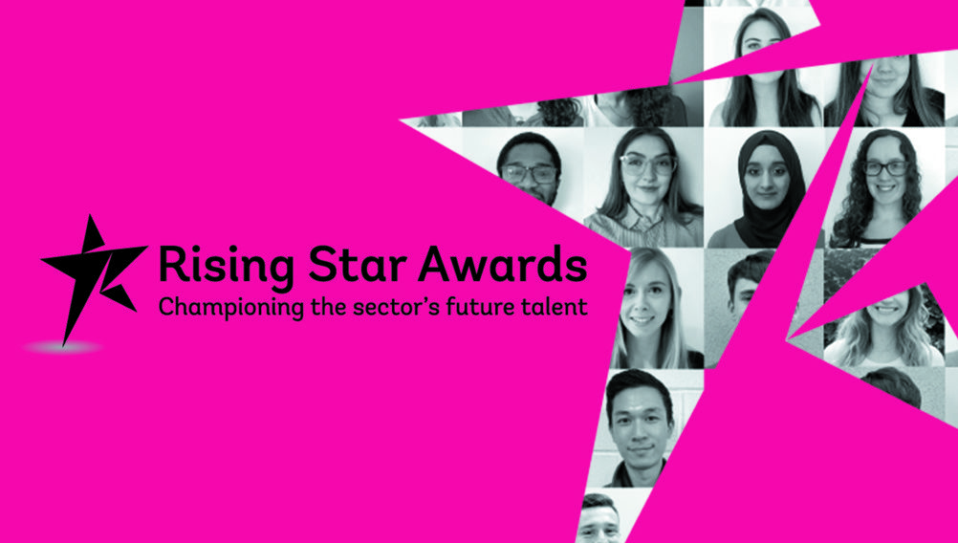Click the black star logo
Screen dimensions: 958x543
(92, 275)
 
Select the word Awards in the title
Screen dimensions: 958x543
(503, 263)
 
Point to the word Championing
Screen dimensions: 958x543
(231, 307)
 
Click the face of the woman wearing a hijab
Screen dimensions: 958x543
(770, 181)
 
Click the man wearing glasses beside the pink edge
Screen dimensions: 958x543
(531, 169)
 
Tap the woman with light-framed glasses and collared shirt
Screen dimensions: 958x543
(644, 187)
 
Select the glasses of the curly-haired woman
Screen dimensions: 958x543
(885, 168)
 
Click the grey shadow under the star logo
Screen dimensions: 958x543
(62, 348)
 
